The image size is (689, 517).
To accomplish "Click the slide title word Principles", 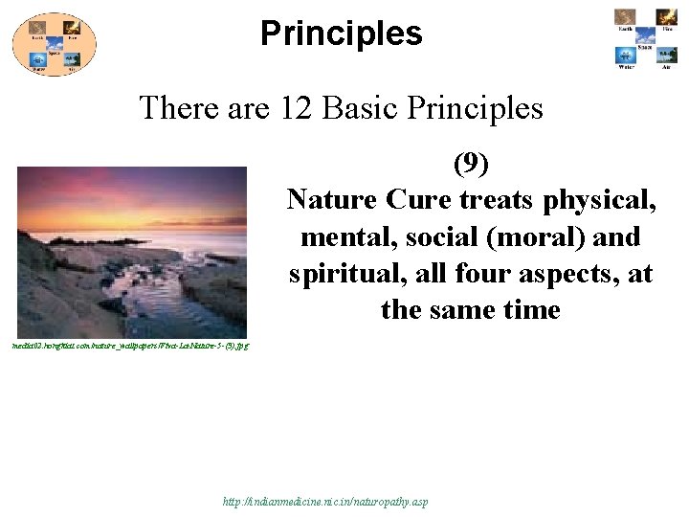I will click(x=341, y=34).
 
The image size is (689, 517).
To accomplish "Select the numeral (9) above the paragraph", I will click(x=471, y=165).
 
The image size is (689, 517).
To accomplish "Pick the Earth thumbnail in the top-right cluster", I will click(x=626, y=18).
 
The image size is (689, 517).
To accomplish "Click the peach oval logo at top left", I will click(x=54, y=43).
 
